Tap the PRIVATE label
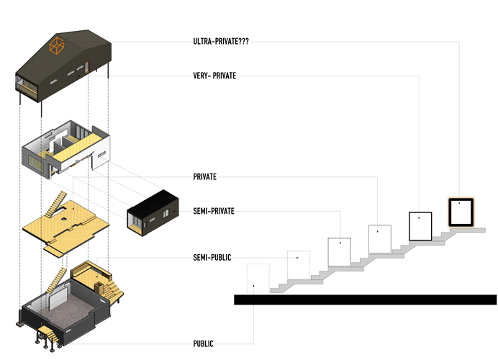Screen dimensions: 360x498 [x=205, y=176]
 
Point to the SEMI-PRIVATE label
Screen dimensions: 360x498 [x=214, y=211]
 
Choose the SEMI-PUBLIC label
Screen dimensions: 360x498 [x=212, y=257]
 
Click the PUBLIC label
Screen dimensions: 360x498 [x=203, y=343]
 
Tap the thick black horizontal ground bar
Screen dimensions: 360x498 [x=365, y=300]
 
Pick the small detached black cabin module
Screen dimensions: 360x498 [x=152, y=212]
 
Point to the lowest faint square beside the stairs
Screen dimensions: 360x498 [x=258, y=279]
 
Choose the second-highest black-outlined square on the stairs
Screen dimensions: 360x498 [x=420, y=225]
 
